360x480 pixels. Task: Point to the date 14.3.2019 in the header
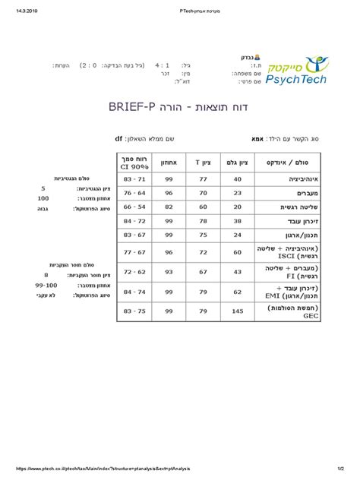click(x=21, y=11)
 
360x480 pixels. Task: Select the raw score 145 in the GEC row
click(x=238, y=311)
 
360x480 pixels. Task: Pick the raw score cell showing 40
click(x=238, y=178)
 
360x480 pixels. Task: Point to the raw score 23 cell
click(x=238, y=193)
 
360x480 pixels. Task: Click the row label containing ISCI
click(x=286, y=252)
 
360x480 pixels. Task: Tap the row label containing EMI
click(x=286, y=292)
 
